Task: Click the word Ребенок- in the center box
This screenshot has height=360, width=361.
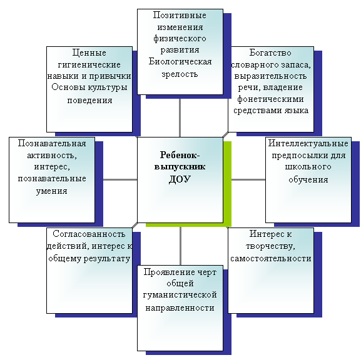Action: [180, 155]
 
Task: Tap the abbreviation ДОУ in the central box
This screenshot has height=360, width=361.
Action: [180, 179]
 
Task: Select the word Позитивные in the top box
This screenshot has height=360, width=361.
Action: [180, 16]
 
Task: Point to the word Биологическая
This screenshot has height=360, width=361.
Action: [180, 62]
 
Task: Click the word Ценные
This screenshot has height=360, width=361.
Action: [89, 53]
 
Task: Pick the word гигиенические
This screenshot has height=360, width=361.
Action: [89, 64]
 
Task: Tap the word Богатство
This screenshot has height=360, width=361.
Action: [270, 53]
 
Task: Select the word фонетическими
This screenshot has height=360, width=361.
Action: [270, 99]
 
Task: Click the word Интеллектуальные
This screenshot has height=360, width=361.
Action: [308, 143]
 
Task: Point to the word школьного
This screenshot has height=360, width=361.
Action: [308, 166]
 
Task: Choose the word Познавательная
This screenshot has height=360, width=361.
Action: [52, 143]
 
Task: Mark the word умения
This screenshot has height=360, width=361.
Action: [51, 191]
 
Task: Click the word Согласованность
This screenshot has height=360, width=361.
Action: [89, 234]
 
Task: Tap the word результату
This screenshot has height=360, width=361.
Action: [106, 259]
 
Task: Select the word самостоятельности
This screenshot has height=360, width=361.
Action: [271, 259]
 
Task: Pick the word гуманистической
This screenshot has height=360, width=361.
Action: [180, 295]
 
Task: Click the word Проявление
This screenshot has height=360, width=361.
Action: [166, 272]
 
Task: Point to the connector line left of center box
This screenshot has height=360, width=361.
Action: [120, 179]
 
